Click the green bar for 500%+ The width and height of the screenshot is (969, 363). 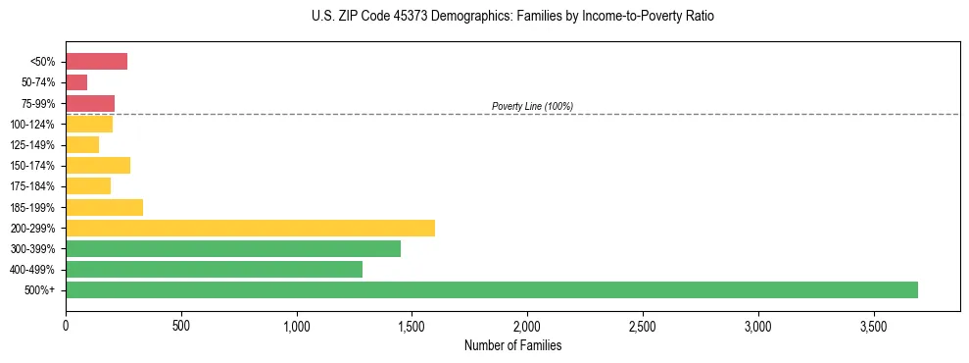pyautogui.click(x=492, y=289)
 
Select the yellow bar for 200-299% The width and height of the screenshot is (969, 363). pyautogui.click(x=250, y=228)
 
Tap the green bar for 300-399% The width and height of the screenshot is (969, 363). pyautogui.click(x=233, y=248)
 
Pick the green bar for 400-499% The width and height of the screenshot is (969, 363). pyautogui.click(x=214, y=269)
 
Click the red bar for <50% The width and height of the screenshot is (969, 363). pyautogui.click(x=96, y=62)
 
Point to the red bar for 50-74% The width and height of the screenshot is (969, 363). pyautogui.click(x=76, y=82)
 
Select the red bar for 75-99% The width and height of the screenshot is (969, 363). pyautogui.click(x=90, y=103)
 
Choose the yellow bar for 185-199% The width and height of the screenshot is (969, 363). pyautogui.click(x=104, y=207)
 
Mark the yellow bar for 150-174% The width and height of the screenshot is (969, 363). pyautogui.click(x=98, y=165)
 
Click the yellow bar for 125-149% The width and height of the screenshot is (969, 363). pyautogui.click(x=82, y=144)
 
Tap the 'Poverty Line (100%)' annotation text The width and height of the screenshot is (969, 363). pyautogui.click(x=532, y=106)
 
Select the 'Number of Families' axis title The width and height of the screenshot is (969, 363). pyautogui.click(x=513, y=345)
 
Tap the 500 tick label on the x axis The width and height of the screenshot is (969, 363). pyautogui.click(x=180, y=326)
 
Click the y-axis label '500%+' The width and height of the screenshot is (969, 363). pyautogui.click(x=40, y=290)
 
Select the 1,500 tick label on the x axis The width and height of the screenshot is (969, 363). pyautogui.click(x=412, y=326)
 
